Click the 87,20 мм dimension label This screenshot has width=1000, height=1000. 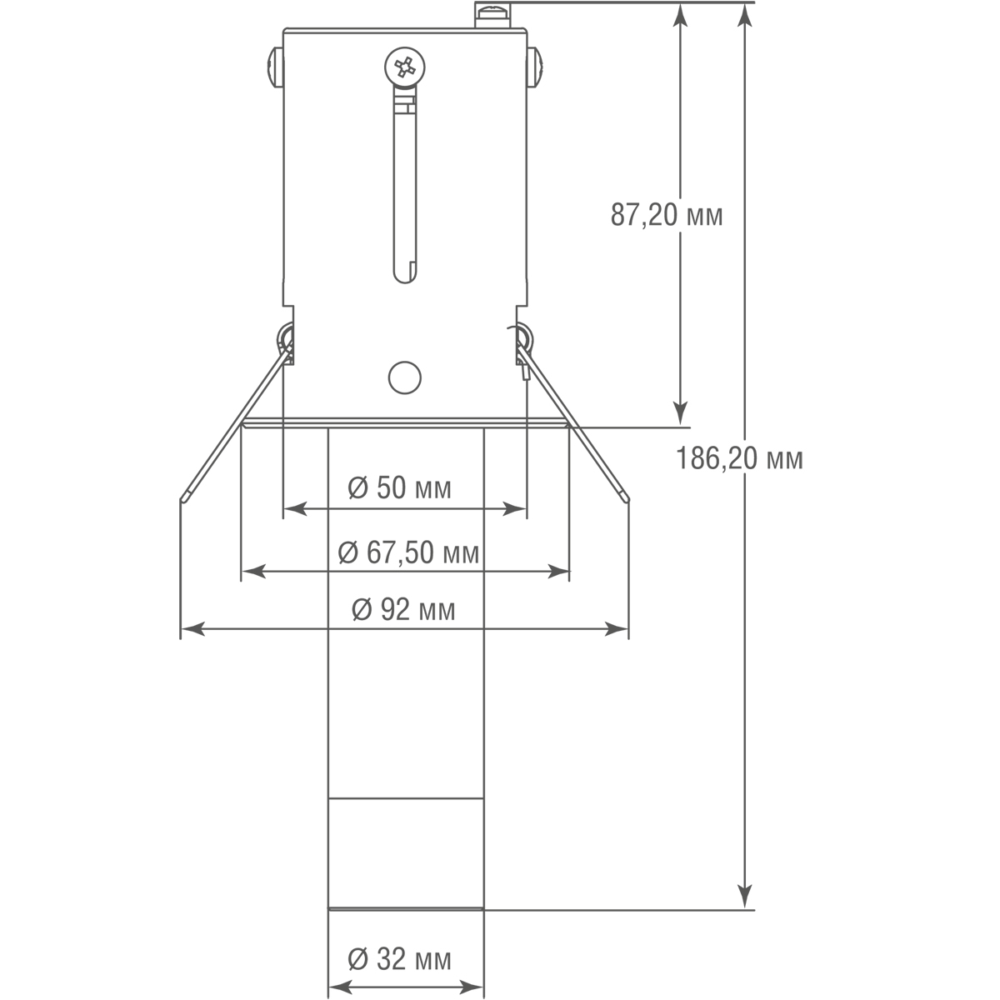(x=667, y=214)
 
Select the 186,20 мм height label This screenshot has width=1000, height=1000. (x=739, y=458)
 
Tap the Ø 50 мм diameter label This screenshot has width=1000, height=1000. (x=400, y=487)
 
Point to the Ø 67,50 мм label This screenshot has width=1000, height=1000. (x=407, y=552)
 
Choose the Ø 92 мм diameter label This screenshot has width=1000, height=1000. (x=403, y=609)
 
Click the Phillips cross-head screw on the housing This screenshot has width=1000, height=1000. (x=405, y=67)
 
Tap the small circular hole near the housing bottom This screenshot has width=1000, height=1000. (x=405, y=377)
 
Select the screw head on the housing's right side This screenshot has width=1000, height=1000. (x=535, y=67)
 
